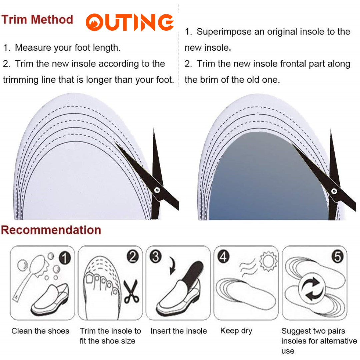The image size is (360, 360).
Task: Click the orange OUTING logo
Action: [129, 22]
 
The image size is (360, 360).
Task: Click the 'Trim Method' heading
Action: [37, 20]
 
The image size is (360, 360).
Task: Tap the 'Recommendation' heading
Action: [51, 230]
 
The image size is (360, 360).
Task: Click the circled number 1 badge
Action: [65, 258]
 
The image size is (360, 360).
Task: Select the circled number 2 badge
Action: [133, 256]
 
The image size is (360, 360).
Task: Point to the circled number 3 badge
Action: [156, 256]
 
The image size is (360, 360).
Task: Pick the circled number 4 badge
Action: [223, 256]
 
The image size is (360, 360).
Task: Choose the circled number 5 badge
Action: [337, 256]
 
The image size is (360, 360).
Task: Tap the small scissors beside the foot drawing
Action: [131, 291]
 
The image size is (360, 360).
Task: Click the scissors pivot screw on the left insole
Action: [157, 190]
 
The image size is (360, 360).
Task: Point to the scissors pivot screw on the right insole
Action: [334, 191]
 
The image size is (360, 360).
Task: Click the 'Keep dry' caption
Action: [236, 331]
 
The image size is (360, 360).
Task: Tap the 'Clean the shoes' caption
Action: [40, 331]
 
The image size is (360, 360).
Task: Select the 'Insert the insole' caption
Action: [179, 331]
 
